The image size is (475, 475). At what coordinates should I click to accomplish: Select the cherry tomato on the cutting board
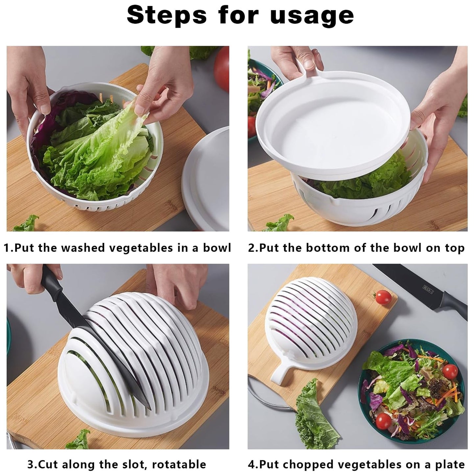point(383,297)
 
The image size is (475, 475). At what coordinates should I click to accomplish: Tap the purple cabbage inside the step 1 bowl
point(41,131)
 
